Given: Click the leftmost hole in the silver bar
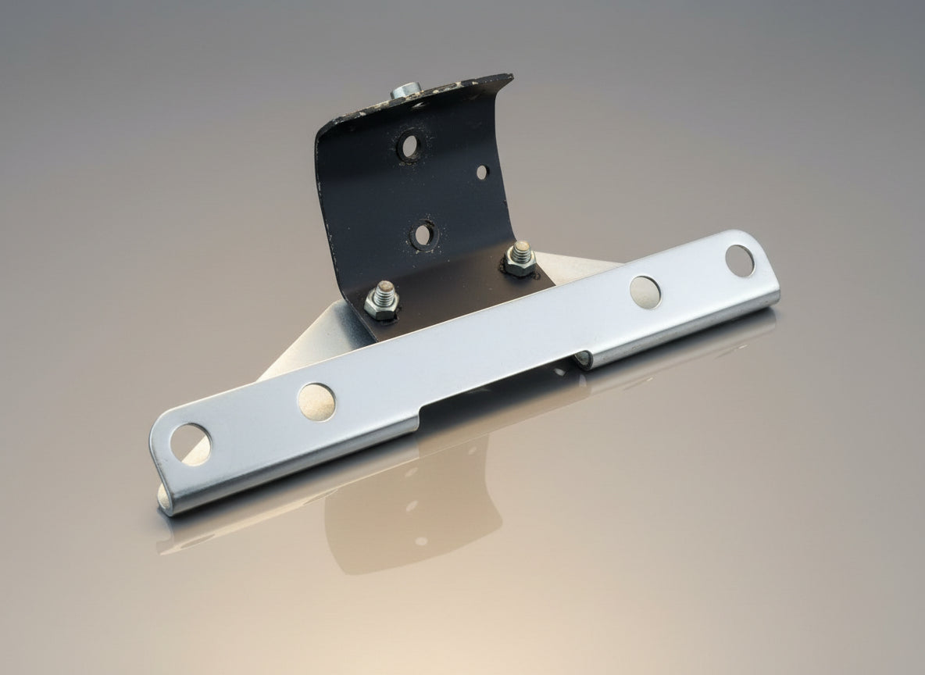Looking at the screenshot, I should [191, 444].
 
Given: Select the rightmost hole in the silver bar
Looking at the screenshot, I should [739, 260].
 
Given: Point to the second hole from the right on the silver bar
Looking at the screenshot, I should [645, 291].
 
